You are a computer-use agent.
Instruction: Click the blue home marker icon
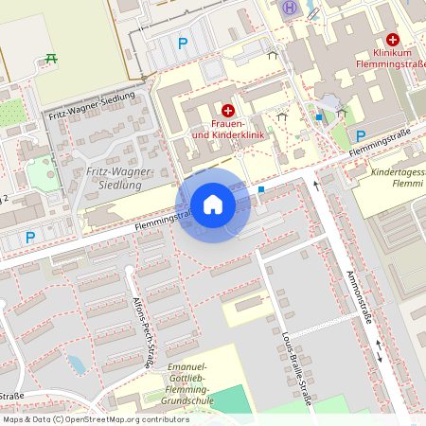click(213, 204)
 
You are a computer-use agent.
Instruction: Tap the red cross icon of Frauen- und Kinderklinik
click(228, 111)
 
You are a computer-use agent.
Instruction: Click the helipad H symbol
click(290, 8)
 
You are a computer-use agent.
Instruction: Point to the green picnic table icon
click(51, 59)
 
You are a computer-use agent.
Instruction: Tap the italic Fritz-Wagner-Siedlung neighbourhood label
click(114, 178)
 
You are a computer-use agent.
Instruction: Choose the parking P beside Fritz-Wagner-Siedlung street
click(183, 43)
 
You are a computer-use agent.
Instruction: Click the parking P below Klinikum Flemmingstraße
click(361, 135)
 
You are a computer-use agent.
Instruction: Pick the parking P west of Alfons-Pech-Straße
click(30, 238)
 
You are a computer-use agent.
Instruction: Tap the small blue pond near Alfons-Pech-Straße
click(76, 364)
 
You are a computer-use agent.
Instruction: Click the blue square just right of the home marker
click(261, 189)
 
